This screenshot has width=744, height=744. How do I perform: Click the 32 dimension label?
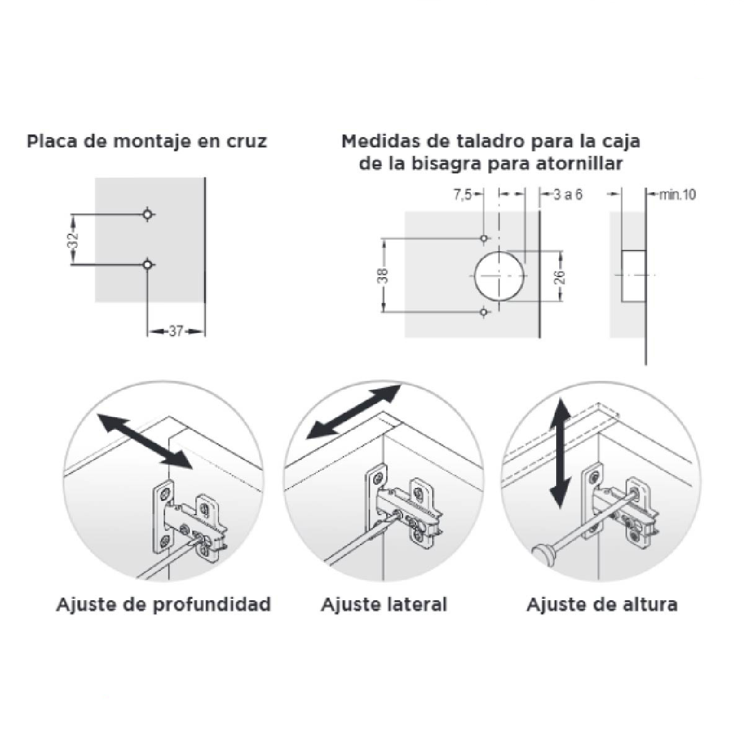pyautogui.click(x=75, y=240)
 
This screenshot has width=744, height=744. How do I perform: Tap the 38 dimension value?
pyautogui.click(x=383, y=276)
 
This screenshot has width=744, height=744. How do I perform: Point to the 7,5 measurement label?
pyautogui.click(x=463, y=195)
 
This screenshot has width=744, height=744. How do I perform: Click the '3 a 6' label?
pyautogui.click(x=567, y=195)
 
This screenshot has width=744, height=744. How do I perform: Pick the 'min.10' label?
pyautogui.click(x=677, y=195)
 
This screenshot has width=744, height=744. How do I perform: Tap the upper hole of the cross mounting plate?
pyautogui.click(x=148, y=214)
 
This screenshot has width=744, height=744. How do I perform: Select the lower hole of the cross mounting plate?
pyautogui.click(x=148, y=265)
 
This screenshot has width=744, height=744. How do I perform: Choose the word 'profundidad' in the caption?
pyautogui.click(x=211, y=605)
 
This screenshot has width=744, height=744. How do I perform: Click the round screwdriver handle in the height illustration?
pyautogui.click(x=544, y=555)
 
